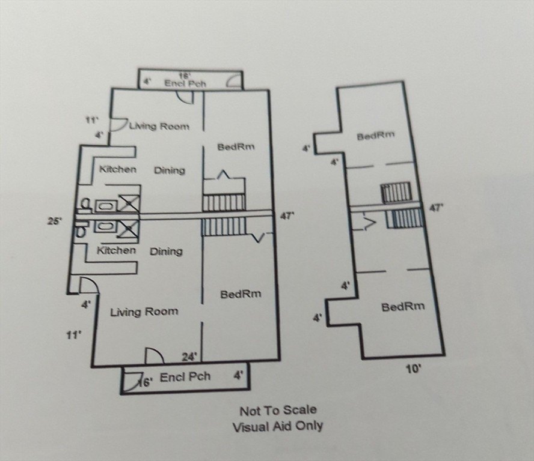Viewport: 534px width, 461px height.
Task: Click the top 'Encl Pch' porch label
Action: [185, 83]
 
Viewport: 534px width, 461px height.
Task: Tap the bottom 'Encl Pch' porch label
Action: [185, 377]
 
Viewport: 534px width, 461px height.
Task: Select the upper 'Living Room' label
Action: [159, 127]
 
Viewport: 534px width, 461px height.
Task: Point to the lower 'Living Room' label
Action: [144, 312]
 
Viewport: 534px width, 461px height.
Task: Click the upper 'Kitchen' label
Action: [118, 169]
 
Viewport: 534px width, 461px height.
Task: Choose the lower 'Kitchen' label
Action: [117, 250]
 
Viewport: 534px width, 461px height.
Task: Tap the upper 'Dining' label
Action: [170, 170]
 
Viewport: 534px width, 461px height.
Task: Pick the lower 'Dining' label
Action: [166, 252]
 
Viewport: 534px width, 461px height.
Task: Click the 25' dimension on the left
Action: [55, 221]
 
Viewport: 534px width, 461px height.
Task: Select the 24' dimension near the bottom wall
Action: [189, 357]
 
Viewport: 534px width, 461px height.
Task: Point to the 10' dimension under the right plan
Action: [414, 369]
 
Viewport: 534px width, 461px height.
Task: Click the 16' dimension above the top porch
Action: [185, 76]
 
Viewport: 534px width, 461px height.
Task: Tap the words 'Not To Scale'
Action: [278, 411]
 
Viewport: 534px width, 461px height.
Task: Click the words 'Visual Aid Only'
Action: [278, 426]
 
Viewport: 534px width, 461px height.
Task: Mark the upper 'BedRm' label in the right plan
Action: [376, 136]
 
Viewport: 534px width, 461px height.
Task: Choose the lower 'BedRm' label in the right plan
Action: [404, 307]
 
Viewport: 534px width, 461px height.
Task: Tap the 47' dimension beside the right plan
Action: [437, 208]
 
